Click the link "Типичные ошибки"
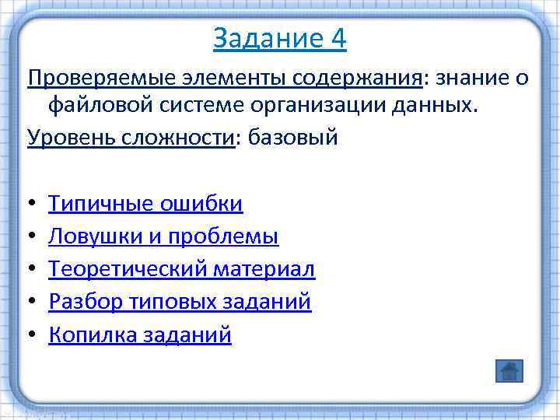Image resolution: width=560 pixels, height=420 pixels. (145, 204)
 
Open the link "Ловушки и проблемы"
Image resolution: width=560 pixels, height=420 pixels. (163, 236)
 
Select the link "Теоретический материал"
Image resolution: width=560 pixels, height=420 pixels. (181, 269)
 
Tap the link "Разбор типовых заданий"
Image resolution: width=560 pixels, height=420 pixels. (180, 302)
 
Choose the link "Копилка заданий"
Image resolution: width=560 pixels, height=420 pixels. (140, 334)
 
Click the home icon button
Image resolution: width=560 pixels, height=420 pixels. (509, 371)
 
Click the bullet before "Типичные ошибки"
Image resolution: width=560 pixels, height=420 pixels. (31, 205)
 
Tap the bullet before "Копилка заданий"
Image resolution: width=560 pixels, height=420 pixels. (31, 335)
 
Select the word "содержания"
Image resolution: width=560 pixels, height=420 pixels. (357, 78)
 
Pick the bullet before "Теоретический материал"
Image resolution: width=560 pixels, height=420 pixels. (31, 270)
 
